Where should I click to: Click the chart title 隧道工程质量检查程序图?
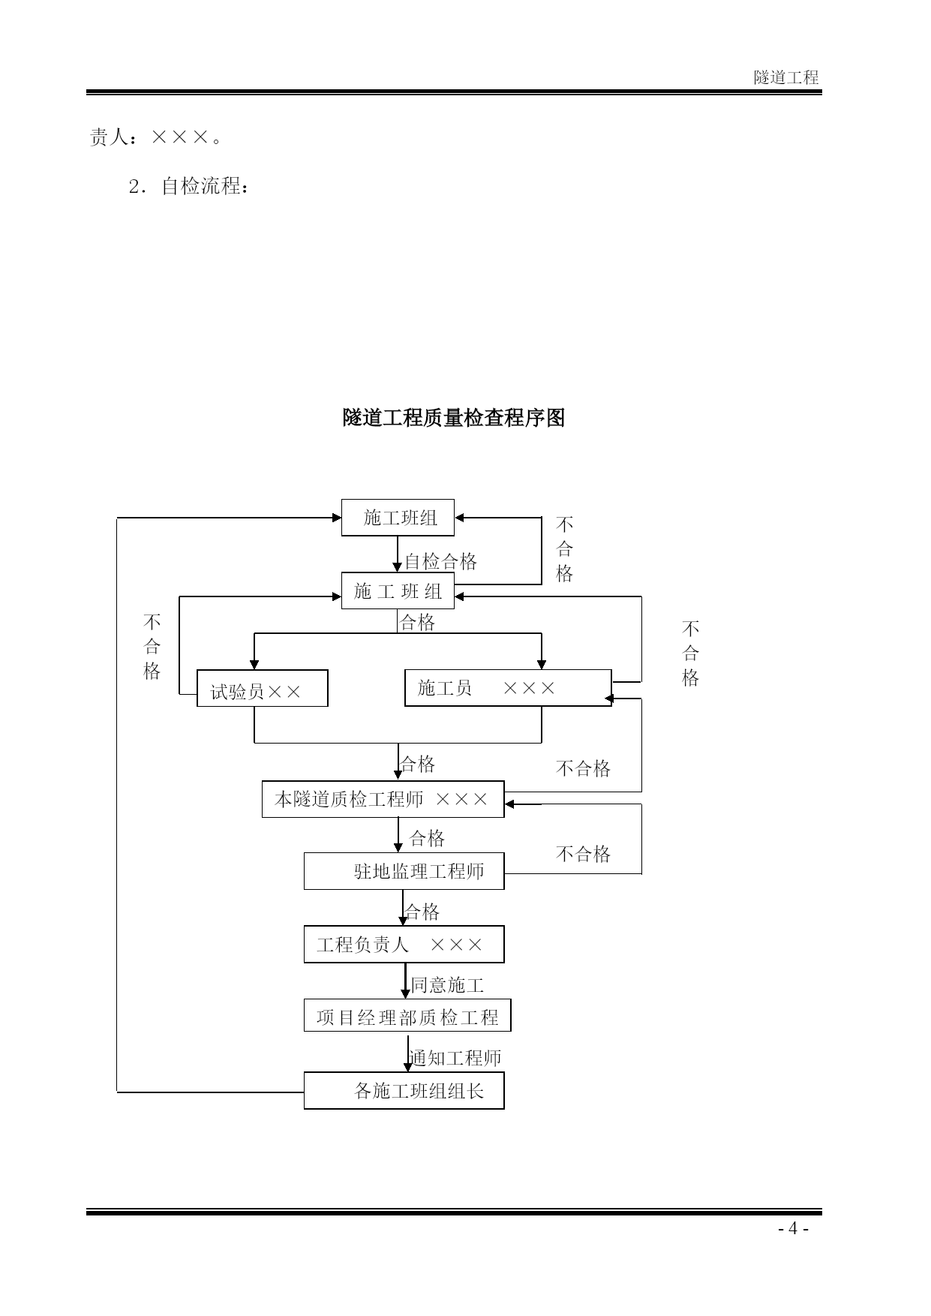tap(453, 418)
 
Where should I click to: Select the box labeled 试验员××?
tap(262, 688)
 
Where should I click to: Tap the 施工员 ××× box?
tap(508, 688)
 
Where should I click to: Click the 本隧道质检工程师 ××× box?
tap(383, 799)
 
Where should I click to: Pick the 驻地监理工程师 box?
tap(404, 871)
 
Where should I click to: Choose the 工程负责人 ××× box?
tap(404, 945)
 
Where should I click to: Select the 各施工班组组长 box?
tap(404, 1090)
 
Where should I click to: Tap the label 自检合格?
tap(441, 562)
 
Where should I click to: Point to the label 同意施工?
tap(447, 985)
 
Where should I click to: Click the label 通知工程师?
tap(455, 1058)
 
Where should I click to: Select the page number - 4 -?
tap(793, 1228)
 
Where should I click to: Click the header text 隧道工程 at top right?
tap(786, 77)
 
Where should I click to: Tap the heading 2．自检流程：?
tap(188, 186)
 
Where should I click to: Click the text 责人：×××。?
tap(156, 137)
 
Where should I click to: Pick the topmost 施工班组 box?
tap(398, 518)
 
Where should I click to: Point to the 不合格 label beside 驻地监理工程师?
tap(583, 854)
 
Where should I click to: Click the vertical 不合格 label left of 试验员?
tap(152, 647)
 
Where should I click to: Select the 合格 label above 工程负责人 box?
tap(422, 912)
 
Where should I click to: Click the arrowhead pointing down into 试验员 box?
tap(254, 665)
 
